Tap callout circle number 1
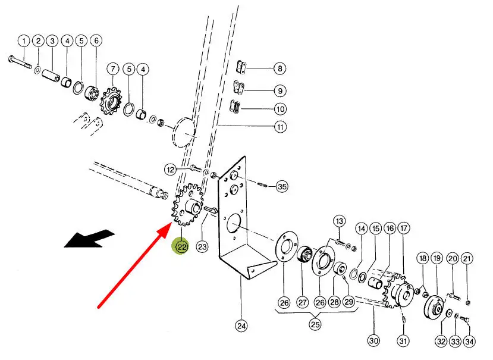23,41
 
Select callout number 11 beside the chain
280,127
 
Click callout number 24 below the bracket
241,325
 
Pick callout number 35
281,186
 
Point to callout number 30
373,341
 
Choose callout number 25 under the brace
315,325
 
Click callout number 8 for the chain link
280,68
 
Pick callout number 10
280,109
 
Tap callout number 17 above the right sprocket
404,228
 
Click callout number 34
470,341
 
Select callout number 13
339,221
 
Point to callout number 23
202,246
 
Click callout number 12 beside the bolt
171,170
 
